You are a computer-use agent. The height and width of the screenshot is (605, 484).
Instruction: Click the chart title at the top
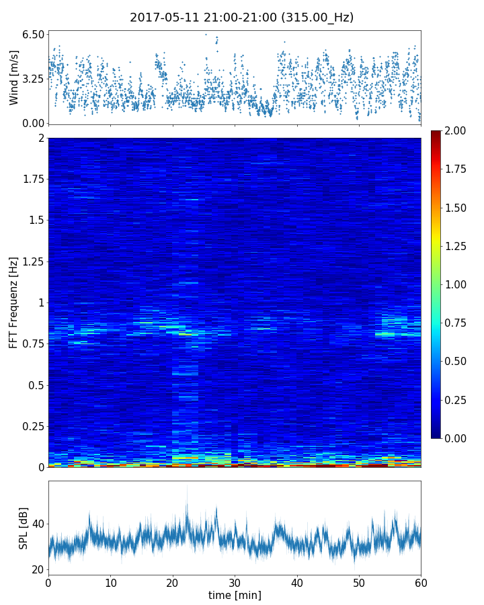pyautogui.click(x=241, y=17)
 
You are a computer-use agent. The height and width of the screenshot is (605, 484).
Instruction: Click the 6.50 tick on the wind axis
pyautogui.click(x=34, y=34)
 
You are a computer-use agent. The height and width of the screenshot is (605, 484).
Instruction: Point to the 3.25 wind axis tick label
pyautogui.click(x=34, y=79)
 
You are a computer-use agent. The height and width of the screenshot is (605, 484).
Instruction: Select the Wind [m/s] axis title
pyautogui.click(x=14, y=77)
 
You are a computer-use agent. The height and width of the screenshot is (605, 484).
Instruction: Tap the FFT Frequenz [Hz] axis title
pyautogui.click(x=14, y=302)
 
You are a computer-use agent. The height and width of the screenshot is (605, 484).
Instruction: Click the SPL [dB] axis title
pyautogui.click(x=24, y=528)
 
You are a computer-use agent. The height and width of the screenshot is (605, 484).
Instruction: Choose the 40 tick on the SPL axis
pyautogui.click(x=37, y=524)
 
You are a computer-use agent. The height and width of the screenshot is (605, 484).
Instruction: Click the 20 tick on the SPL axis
pyautogui.click(x=37, y=569)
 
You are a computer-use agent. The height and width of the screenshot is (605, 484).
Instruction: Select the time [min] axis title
pyautogui.click(x=235, y=596)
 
